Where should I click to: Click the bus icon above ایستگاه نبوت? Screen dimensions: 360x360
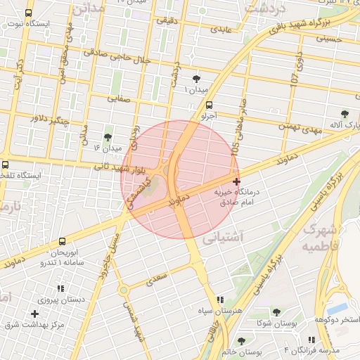29,13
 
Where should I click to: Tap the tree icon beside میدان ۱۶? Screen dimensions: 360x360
108,137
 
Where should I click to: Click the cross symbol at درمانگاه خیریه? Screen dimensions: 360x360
236,181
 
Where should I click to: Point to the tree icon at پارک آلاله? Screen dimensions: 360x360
344,114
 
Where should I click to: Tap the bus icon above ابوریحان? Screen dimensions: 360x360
62,241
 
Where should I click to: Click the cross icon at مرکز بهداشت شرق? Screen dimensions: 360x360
34,314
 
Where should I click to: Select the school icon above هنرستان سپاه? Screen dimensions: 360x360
220,300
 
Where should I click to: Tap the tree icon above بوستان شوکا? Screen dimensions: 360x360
275,311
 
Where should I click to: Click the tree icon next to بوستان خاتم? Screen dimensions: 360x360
241,341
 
